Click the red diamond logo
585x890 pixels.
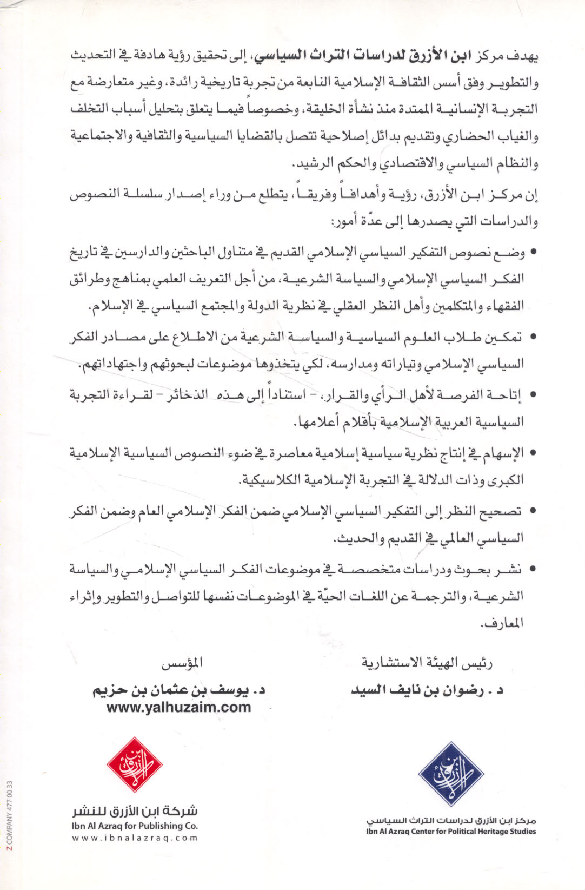click(x=135, y=765)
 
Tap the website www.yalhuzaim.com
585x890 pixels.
click(x=179, y=707)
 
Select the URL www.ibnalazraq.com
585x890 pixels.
click(x=135, y=838)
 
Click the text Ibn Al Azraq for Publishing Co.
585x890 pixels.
click(x=135, y=826)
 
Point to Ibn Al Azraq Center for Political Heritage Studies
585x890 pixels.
click(x=451, y=832)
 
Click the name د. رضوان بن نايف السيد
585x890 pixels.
click(x=427, y=690)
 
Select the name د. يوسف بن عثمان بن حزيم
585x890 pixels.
click(x=179, y=690)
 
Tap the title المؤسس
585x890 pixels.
click(x=183, y=663)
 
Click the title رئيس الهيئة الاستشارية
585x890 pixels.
click(x=427, y=663)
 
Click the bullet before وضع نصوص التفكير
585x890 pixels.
click(x=534, y=252)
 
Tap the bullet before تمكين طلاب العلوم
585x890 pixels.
click(x=534, y=337)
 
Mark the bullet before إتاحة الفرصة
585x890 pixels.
click(x=534, y=395)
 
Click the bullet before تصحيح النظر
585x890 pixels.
click(x=534, y=511)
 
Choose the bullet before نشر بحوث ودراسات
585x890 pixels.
click(x=534, y=569)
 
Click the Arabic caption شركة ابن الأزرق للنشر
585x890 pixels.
click(x=135, y=811)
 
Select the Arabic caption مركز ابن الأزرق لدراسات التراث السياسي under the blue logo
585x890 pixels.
click(x=451, y=821)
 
